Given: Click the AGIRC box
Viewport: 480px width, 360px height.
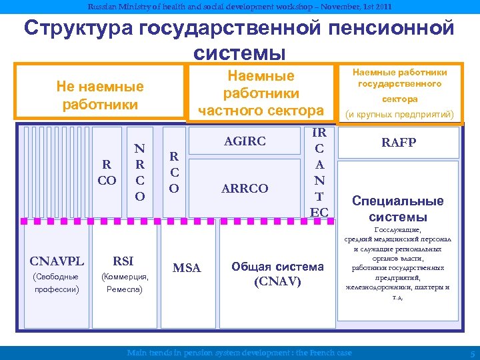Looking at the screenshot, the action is click(246, 141).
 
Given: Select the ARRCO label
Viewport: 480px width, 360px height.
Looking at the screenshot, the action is click(246, 189).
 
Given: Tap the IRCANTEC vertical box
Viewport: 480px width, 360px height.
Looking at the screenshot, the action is click(319, 172).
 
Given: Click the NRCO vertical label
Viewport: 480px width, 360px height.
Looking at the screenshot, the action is click(139, 172).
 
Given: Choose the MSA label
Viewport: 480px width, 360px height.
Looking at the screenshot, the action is click(188, 268).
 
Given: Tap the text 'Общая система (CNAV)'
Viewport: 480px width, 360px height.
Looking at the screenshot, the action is click(278, 274).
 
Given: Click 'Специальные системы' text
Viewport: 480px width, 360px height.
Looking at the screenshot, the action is click(398, 209).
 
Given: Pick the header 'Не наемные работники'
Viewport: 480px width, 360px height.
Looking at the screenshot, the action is click(100, 95).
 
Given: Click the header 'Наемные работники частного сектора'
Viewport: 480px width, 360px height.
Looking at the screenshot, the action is click(261, 93).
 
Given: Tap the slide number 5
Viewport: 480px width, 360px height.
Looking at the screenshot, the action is click(472, 353).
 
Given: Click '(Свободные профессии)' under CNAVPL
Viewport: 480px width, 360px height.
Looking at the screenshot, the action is click(57, 283).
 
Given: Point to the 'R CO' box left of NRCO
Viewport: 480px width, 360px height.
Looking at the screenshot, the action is click(106, 172).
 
